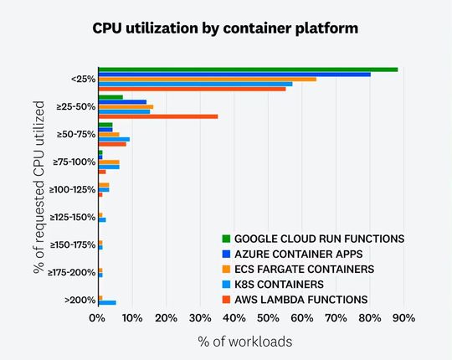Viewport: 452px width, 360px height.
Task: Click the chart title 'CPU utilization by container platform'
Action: coord(225,28)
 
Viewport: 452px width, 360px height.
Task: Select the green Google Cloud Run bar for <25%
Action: coord(248,69)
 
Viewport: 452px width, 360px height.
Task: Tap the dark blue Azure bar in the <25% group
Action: coord(234,75)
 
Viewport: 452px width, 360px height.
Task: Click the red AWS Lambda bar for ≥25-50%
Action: coord(158,116)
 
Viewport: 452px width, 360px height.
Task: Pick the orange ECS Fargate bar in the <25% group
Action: coord(207,79)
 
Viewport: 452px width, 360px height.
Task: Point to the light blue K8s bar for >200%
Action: coord(107,302)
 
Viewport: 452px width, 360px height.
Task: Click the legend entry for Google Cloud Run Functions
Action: coord(319,239)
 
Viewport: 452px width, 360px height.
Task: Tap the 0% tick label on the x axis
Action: coord(97,318)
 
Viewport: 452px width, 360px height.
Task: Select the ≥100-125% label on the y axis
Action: coord(73,189)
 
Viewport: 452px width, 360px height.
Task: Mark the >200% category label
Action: coord(81,300)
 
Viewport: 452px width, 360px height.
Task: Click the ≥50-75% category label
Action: coord(76,134)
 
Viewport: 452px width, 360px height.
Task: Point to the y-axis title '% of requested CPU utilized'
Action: coord(39,186)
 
